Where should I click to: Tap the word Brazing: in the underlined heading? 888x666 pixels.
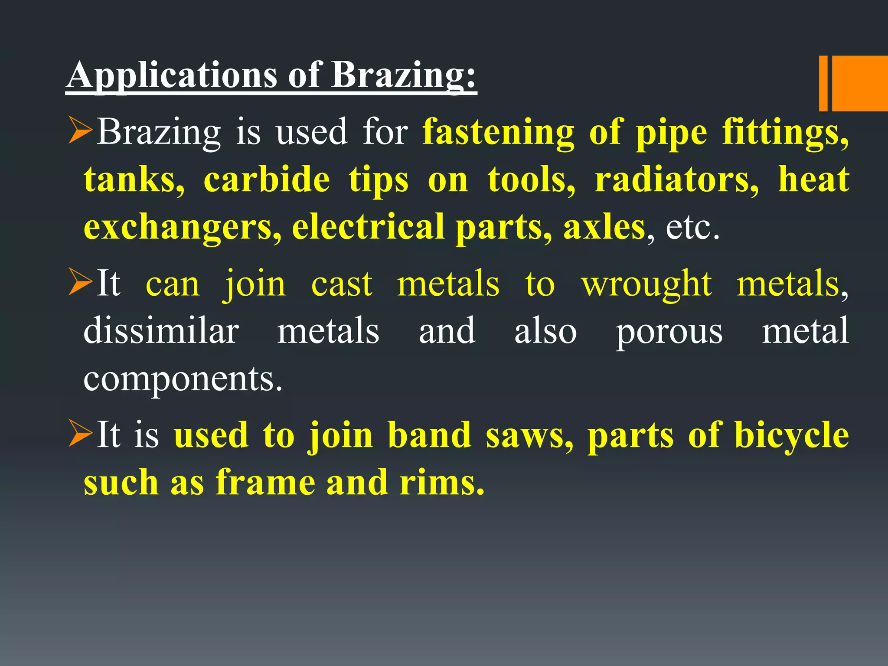tap(403, 75)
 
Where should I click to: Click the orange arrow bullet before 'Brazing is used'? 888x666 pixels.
tap(81, 132)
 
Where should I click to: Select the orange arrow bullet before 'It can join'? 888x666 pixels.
tap(81, 284)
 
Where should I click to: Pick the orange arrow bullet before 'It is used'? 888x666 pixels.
tap(81, 435)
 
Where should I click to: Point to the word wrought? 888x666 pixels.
tap(646, 284)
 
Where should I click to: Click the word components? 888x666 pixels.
tap(183, 379)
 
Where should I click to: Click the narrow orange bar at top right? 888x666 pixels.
tap(823, 83)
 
